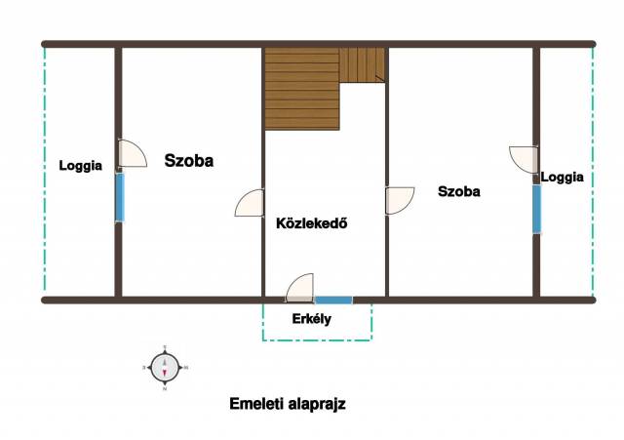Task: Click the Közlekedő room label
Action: tap(312, 223)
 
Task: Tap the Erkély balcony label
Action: tap(312, 319)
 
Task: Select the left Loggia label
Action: tap(80, 166)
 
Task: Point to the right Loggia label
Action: tap(562, 177)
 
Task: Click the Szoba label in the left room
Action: tap(189, 160)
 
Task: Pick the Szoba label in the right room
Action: tap(459, 191)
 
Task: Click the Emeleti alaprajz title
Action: tap(288, 404)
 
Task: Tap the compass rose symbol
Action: tap(165, 368)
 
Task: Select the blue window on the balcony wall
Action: tap(333, 300)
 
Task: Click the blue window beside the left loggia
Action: tap(120, 197)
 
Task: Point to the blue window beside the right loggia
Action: tap(537, 209)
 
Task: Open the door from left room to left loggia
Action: tap(133, 153)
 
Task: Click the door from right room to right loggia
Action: tap(524, 160)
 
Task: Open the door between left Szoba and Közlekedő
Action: tap(250, 203)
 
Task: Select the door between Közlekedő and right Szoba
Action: tap(400, 201)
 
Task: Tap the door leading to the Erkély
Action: tap(299, 288)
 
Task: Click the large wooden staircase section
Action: tap(302, 89)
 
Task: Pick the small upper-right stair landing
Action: tap(362, 65)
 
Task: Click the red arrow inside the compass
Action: tap(165, 373)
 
